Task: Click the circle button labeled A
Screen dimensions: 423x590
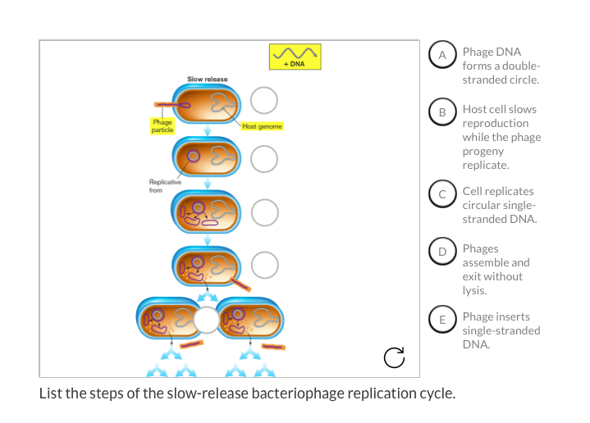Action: [442, 55]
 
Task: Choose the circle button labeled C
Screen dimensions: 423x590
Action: [442, 194]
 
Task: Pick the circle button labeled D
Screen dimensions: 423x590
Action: [442, 252]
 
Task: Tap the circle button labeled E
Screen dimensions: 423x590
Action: [442, 320]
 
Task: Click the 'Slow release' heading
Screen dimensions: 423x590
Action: [208, 79]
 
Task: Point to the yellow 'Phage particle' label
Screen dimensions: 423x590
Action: [162, 125]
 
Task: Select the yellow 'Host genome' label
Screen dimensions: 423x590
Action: [262, 126]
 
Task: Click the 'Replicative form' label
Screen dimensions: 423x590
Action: [159, 186]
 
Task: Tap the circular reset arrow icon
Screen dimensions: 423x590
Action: [394, 357]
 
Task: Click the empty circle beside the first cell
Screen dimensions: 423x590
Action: [264, 101]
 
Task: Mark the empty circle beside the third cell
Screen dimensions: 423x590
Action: [264, 211]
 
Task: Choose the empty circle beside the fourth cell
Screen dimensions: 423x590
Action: [264, 264]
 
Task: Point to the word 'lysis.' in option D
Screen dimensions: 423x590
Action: [475, 290]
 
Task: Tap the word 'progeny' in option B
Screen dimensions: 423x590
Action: [483, 151]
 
